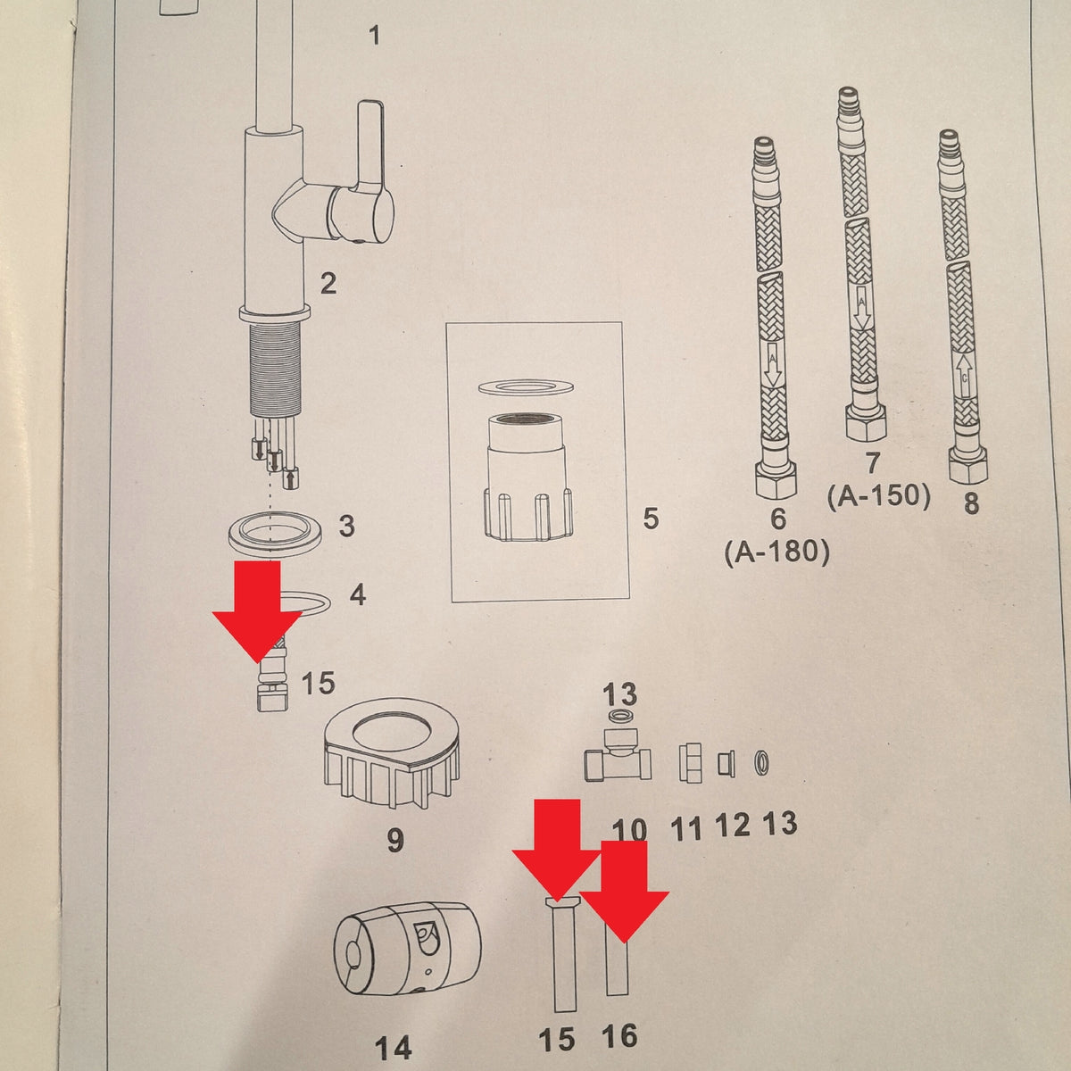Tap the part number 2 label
click(x=328, y=284)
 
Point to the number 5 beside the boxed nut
click(x=651, y=518)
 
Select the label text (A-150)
click(x=879, y=495)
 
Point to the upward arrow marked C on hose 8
click(x=965, y=377)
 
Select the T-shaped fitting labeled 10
click(x=618, y=760)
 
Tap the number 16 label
click(x=619, y=1035)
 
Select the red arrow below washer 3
click(x=257, y=611)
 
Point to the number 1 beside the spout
click(x=375, y=36)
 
